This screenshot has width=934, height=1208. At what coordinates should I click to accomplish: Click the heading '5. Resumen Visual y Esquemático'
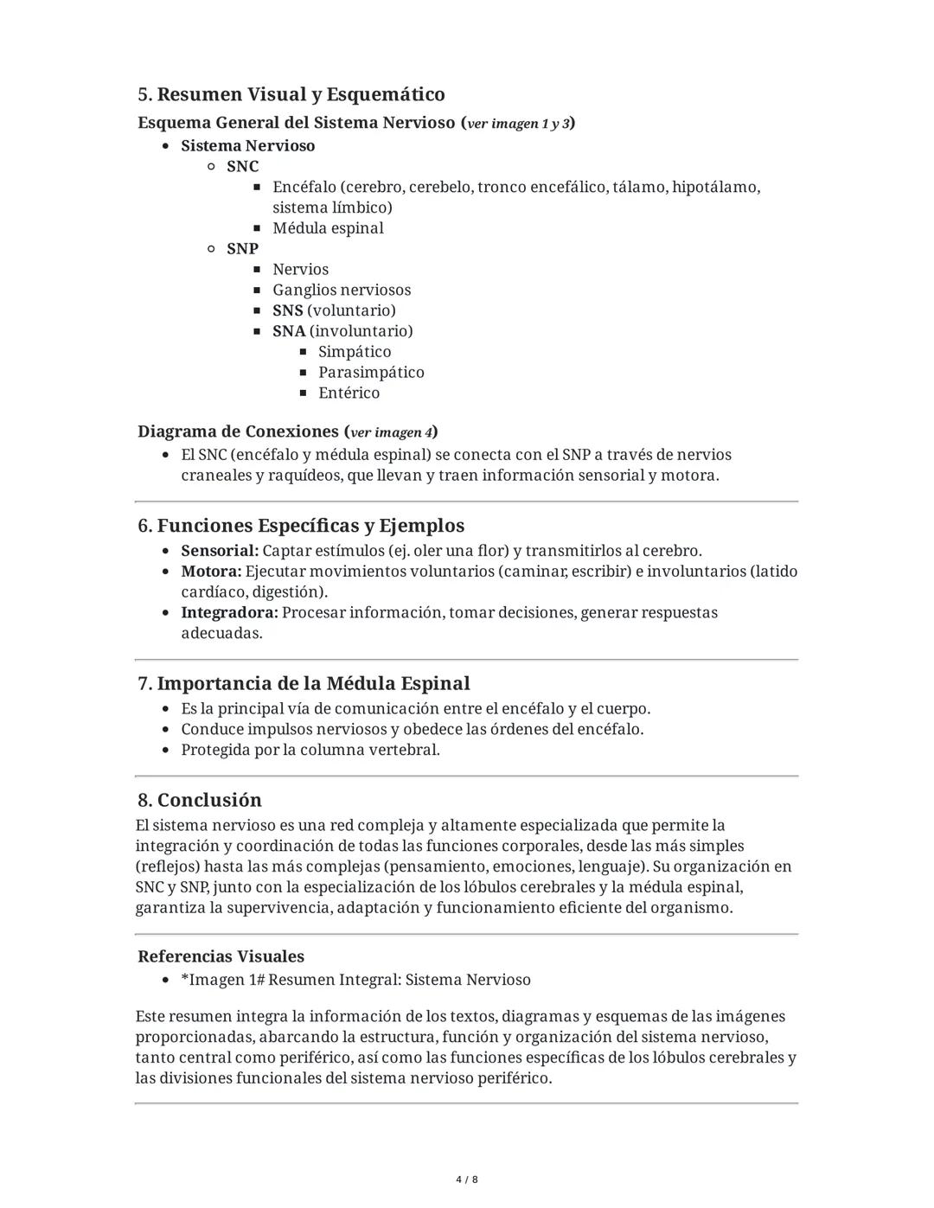pyautogui.click(x=291, y=94)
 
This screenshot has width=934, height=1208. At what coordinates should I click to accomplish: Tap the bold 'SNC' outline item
pyautogui.click(x=242, y=166)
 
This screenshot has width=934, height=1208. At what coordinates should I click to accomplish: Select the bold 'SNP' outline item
pyautogui.click(x=242, y=248)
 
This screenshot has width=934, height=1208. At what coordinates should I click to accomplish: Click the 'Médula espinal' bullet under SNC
pyautogui.click(x=328, y=228)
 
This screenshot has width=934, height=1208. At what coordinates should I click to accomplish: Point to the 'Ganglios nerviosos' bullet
pyautogui.click(x=342, y=290)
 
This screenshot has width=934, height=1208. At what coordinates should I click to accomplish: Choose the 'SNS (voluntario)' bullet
pyautogui.click(x=334, y=310)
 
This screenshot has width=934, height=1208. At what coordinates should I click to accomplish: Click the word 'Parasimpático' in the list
pyautogui.click(x=371, y=373)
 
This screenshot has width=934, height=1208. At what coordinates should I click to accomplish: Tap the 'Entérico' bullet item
pyautogui.click(x=349, y=393)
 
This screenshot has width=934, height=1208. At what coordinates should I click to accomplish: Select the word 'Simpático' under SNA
pyautogui.click(x=355, y=352)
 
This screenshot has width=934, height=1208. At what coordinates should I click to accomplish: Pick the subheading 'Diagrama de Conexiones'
pyautogui.click(x=238, y=431)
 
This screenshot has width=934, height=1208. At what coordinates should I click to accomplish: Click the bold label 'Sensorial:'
pyautogui.click(x=220, y=551)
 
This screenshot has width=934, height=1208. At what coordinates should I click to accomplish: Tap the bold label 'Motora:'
pyautogui.click(x=211, y=572)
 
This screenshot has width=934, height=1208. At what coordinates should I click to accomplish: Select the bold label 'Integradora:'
pyautogui.click(x=229, y=612)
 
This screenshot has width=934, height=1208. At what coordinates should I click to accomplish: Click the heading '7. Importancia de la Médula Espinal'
pyautogui.click(x=304, y=683)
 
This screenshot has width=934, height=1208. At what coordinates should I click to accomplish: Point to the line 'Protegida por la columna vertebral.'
pyautogui.click(x=310, y=750)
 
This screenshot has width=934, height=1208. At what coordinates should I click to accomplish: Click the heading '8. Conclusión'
pyautogui.click(x=200, y=800)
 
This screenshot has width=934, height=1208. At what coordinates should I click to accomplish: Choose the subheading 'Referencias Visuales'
pyautogui.click(x=221, y=956)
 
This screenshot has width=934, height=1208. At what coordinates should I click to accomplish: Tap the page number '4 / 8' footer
pyautogui.click(x=467, y=1179)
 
